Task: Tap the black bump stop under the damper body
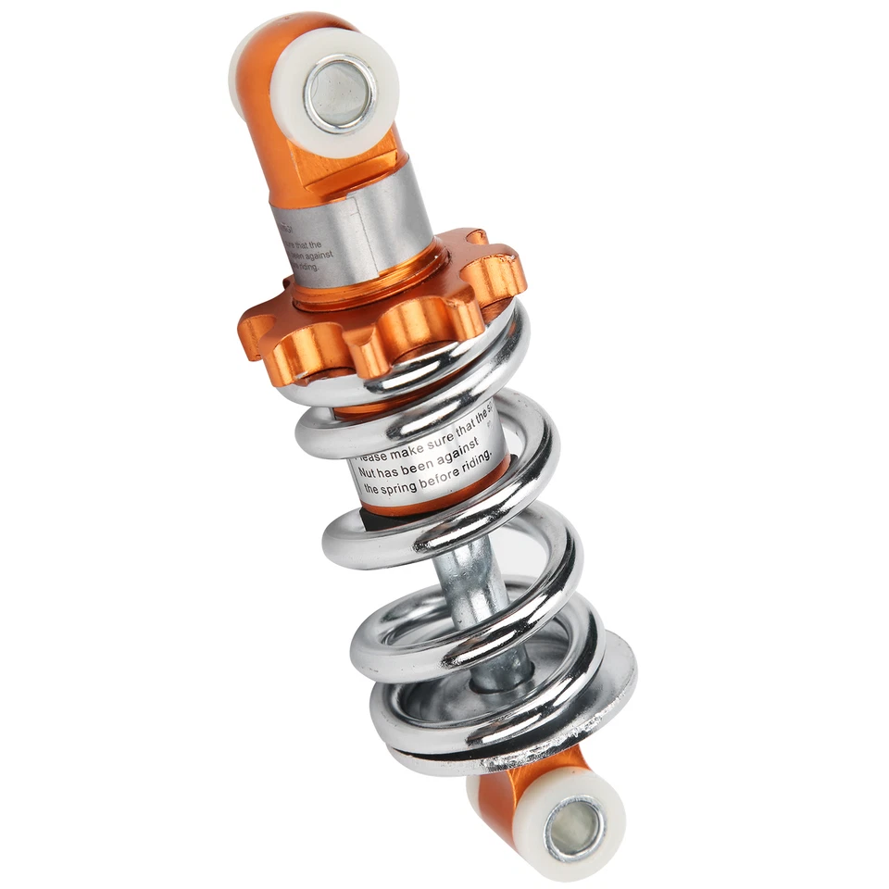(x=375, y=523)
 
